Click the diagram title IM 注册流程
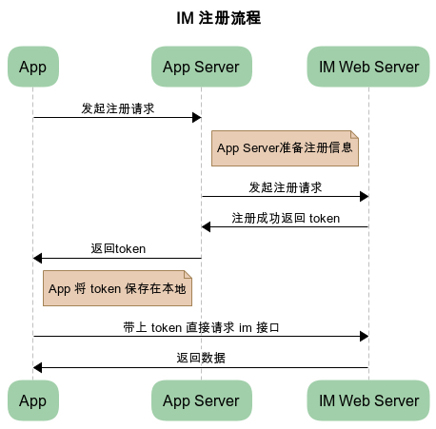coord(218,18)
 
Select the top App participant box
coord(33,67)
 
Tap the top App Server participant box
coord(202,67)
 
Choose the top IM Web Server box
coord(368,67)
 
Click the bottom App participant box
coord(33,400)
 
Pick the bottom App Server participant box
coord(202,400)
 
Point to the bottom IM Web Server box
coord(368,400)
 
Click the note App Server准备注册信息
coord(285,148)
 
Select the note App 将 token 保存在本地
coord(117,288)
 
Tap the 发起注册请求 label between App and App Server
coord(118,108)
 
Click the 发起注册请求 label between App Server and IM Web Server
coord(285,187)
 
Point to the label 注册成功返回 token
coord(286,218)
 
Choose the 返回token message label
coord(118,248)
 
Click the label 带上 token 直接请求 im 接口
coord(201,327)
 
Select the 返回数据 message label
coord(201,358)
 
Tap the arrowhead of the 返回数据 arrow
coord(37,368)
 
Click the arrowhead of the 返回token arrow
coord(37,258)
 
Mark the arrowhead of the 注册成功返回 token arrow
coord(206,227)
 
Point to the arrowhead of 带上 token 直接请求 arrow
coord(365,336)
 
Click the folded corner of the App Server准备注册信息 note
coord(355,134)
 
